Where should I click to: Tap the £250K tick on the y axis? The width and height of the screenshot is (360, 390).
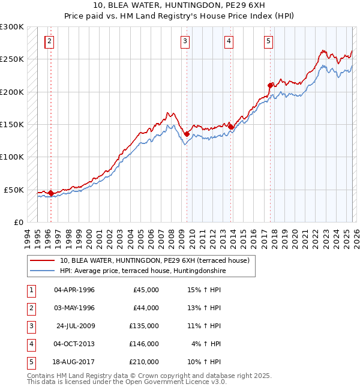point(12,59)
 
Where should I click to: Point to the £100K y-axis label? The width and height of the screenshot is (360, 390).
point(12,157)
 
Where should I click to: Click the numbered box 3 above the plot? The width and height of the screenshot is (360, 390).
point(185,41)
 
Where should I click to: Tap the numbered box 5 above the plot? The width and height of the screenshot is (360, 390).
point(268,41)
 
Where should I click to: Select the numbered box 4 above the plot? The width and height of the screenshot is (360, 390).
point(229,41)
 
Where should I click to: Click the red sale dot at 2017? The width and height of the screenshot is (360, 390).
point(270,85)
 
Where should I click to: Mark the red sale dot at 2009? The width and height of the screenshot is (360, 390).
point(187,134)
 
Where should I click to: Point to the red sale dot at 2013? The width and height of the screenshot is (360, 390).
point(230,127)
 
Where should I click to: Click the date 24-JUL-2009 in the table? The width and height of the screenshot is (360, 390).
point(74,326)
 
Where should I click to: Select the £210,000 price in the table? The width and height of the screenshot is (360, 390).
point(144,362)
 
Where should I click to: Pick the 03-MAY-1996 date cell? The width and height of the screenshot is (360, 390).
point(74,308)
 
